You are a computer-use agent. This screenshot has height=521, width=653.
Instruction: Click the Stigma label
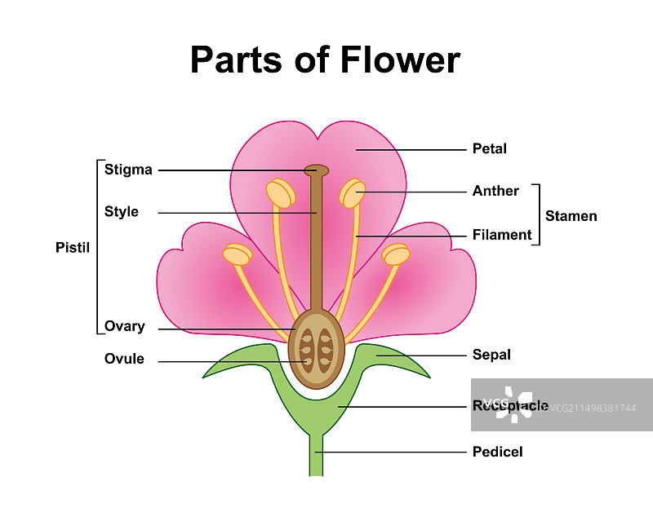click(128, 170)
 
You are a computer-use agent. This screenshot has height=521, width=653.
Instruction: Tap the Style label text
click(122, 212)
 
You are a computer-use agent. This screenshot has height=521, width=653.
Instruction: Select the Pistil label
click(72, 246)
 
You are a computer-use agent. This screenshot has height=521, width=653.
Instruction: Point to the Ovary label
click(125, 326)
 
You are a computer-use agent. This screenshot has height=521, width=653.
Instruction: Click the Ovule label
click(124, 359)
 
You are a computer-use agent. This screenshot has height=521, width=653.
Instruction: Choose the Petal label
click(489, 148)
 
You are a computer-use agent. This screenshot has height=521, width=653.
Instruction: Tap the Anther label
click(495, 191)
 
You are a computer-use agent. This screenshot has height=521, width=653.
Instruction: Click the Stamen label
click(571, 216)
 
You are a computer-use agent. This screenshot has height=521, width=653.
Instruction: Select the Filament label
click(502, 235)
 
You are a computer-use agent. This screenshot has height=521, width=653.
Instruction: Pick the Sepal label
click(491, 355)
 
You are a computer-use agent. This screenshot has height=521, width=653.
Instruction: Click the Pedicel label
click(497, 451)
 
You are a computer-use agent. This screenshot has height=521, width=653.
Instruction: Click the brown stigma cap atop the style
click(317, 170)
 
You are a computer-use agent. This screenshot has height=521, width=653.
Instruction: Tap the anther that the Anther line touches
click(353, 193)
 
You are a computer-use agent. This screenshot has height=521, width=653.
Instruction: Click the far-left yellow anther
click(238, 254)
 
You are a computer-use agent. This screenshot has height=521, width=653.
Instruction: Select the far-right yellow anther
click(396, 254)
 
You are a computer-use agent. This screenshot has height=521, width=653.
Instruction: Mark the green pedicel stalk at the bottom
click(316, 457)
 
